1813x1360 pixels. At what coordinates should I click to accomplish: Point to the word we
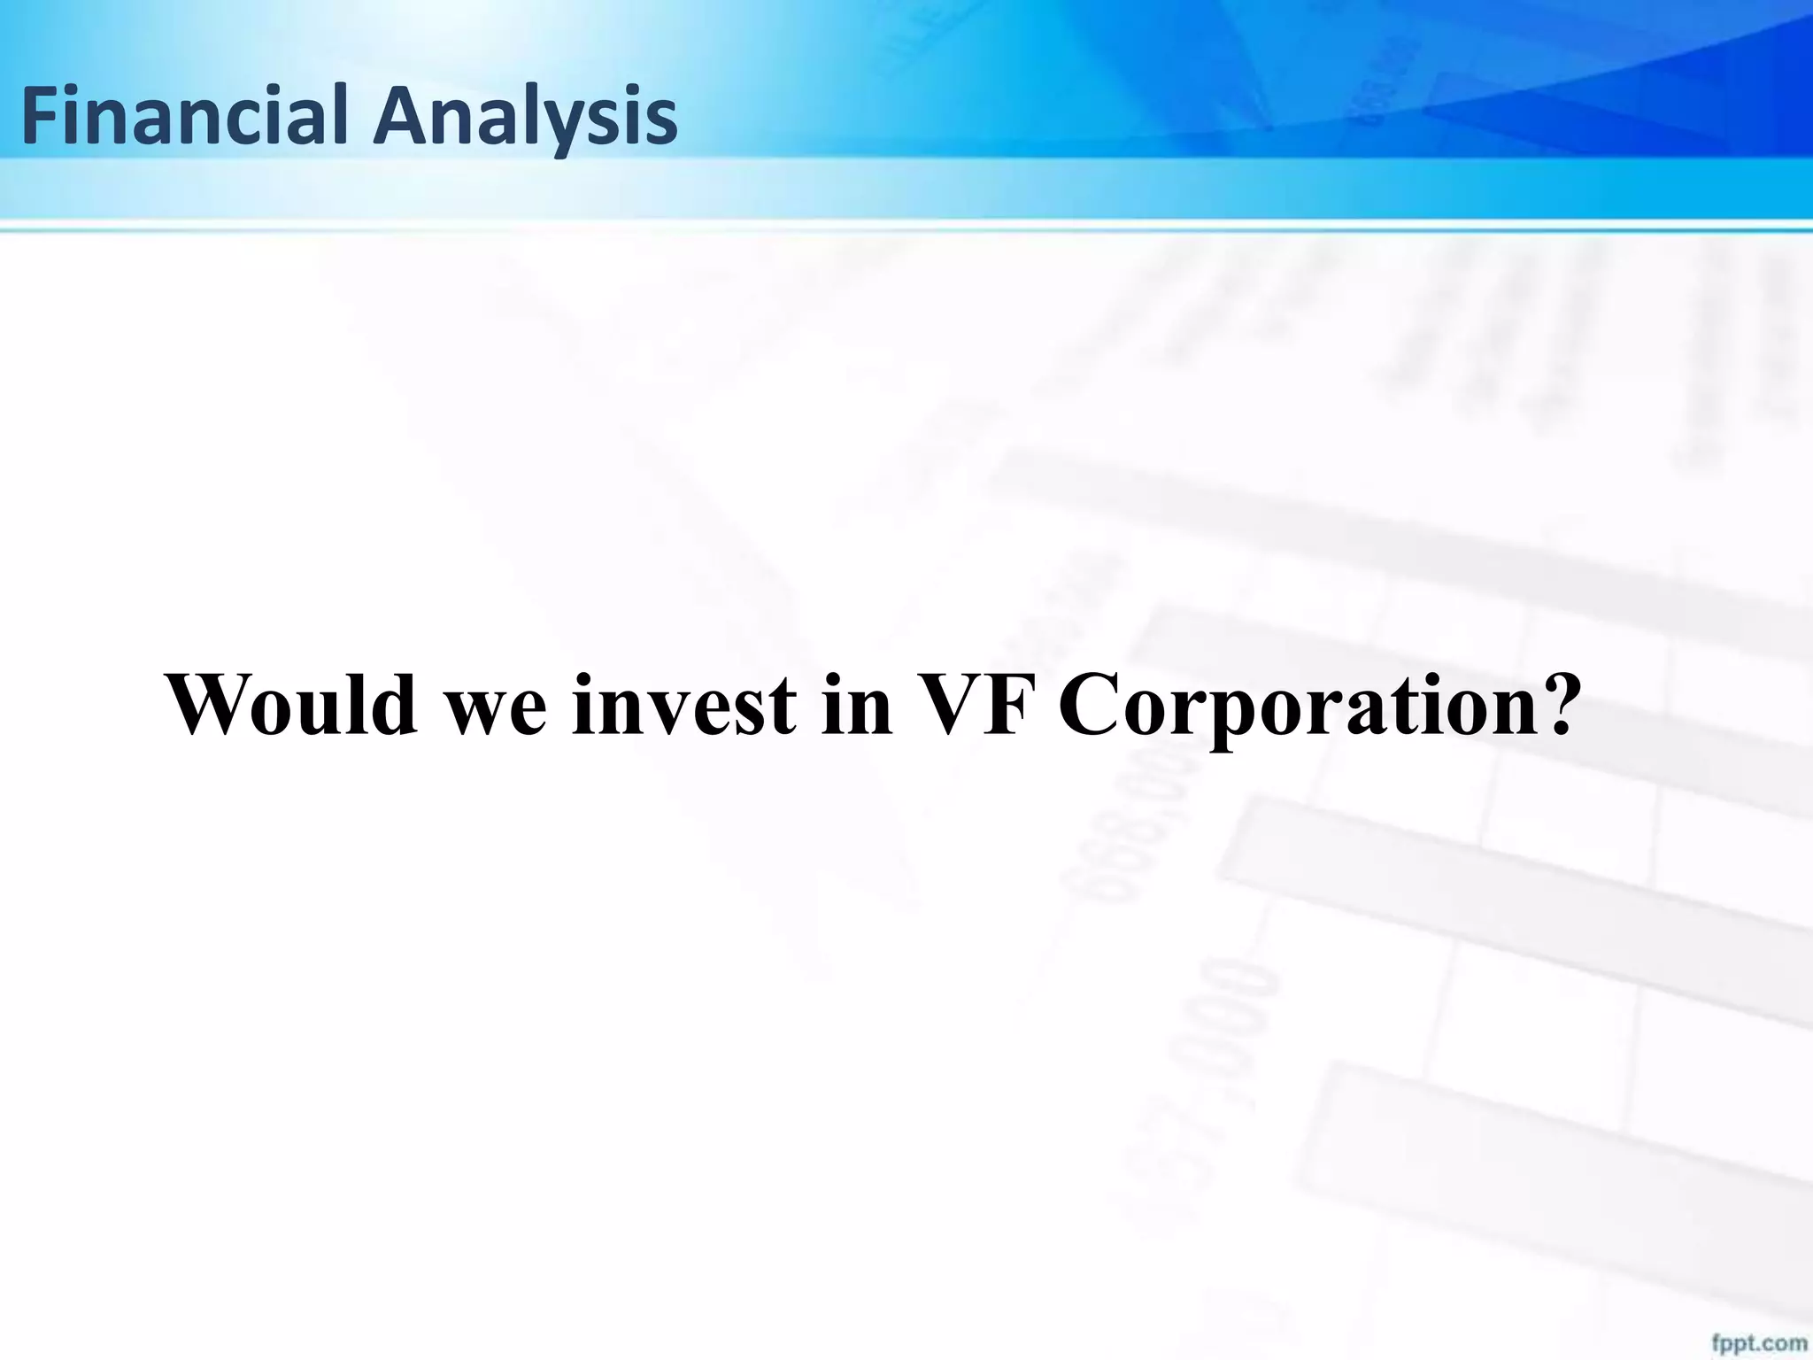coord(496,713)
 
